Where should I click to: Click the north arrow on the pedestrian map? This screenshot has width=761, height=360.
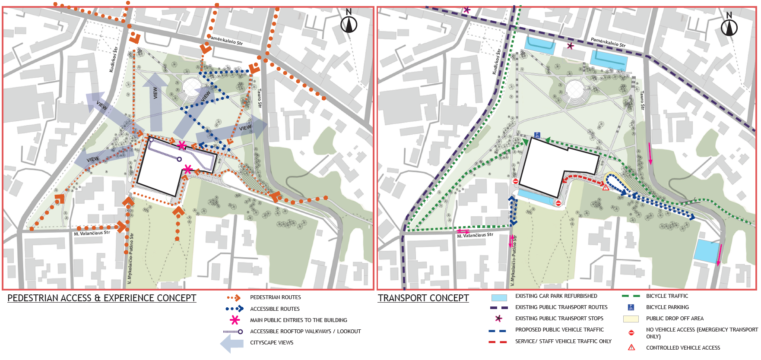349,24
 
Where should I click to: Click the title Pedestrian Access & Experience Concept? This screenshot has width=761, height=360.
102,298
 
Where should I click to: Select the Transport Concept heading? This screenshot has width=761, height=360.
423,298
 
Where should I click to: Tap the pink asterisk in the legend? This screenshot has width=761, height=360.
235,320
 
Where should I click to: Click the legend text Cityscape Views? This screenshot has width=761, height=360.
271,343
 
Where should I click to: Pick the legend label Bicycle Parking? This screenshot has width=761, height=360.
667,307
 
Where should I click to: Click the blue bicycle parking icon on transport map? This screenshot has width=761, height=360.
537,135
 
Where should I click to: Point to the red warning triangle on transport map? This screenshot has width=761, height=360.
606,187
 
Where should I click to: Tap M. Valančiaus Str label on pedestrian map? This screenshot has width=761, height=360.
92,233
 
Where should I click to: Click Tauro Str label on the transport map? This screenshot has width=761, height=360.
642,100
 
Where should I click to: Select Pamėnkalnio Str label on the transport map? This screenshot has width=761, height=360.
608,42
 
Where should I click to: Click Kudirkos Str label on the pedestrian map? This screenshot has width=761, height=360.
114,60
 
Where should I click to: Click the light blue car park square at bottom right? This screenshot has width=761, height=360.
707,251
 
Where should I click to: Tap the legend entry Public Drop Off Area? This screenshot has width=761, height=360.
675,319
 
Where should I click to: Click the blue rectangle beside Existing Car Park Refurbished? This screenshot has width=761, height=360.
499,297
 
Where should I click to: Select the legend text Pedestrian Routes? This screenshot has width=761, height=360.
275,297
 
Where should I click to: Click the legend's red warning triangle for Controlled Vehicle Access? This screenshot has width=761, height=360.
631,347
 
